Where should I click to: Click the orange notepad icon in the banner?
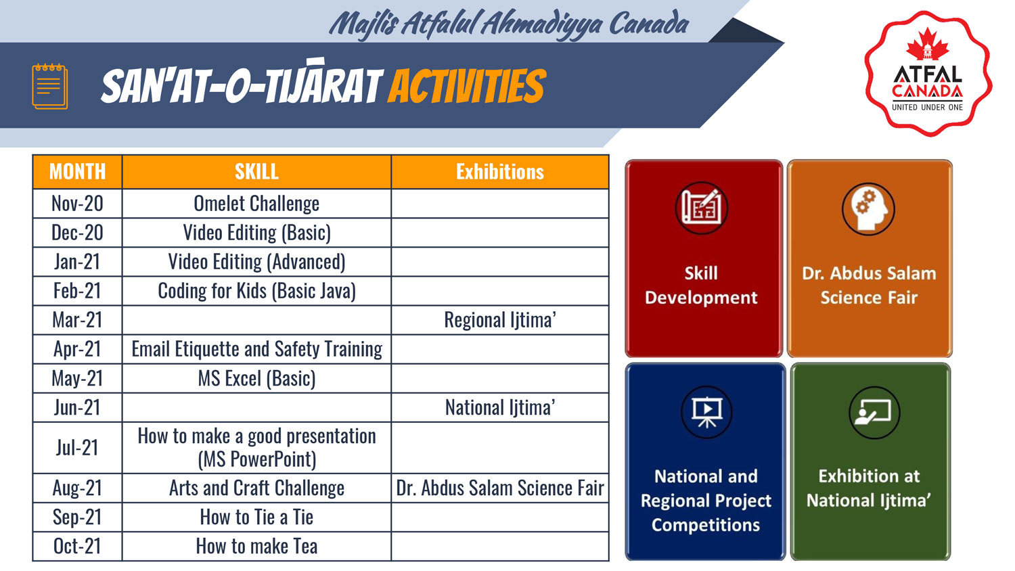pyautogui.click(x=50, y=86)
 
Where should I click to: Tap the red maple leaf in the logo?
pyautogui.click(x=927, y=45)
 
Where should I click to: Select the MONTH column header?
pyautogui.click(x=78, y=172)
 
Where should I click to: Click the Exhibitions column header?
pyautogui.click(x=500, y=172)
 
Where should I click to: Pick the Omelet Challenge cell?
pyautogui.click(x=256, y=204)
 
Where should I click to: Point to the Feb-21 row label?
pyautogui.click(x=77, y=291)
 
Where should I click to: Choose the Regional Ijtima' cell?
pyautogui.click(x=500, y=320)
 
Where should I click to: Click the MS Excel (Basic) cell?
pyautogui.click(x=256, y=378)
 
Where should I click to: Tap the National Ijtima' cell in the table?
pyautogui.click(x=500, y=407)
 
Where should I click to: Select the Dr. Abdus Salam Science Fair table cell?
pyautogui.click(x=500, y=488)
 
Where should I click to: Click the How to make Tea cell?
pyautogui.click(x=256, y=546)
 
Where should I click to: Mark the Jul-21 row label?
pyautogui.click(x=77, y=448)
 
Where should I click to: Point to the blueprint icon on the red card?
pyautogui.click(x=702, y=208)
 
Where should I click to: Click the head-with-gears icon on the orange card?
pyautogui.click(x=868, y=209)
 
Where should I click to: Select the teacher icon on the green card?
pyautogui.click(x=874, y=413)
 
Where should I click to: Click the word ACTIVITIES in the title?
pyautogui.click(x=467, y=86)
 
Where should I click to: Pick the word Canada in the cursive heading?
pyautogui.click(x=649, y=24)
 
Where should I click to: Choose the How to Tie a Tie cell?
pyautogui.click(x=256, y=517)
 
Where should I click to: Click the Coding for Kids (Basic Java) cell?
pyautogui.click(x=256, y=291)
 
